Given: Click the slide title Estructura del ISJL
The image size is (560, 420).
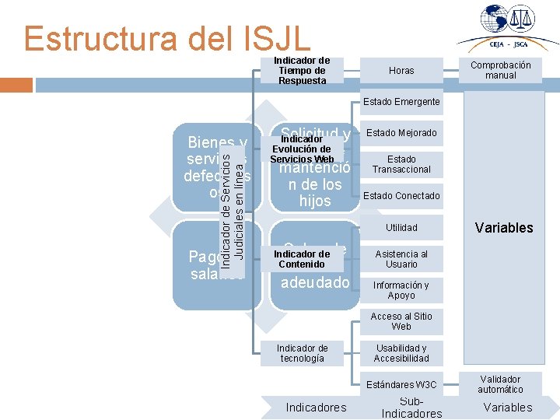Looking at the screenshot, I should click(167, 37).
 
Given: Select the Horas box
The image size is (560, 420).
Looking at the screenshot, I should click(401, 71).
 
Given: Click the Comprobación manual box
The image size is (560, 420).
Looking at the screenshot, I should click(501, 71).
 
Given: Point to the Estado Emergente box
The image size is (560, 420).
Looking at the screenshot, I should click(401, 102).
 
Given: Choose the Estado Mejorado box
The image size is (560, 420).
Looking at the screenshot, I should click(401, 133).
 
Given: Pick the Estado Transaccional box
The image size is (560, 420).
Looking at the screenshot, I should click(401, 164).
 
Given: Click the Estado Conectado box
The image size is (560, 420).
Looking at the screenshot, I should click(401, 196).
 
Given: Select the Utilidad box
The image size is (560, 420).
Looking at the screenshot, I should click(401, 228).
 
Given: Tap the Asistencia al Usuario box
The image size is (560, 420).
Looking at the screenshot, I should click(401, 259).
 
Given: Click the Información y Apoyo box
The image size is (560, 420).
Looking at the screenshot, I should click(401, 290).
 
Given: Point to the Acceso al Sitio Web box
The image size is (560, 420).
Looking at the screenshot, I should click(401, 321).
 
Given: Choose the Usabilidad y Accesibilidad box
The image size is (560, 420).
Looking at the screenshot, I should click(401, 353).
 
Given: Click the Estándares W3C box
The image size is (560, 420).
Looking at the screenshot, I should click(401, 384).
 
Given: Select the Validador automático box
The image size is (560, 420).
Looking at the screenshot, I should click(501, 384).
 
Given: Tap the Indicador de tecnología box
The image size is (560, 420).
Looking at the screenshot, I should click(303, 353).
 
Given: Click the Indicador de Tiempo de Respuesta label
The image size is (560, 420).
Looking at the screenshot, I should click(303, 71).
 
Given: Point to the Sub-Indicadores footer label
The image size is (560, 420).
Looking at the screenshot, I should click(411, 408).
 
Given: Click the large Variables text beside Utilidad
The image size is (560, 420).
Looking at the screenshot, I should click(504, 228).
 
